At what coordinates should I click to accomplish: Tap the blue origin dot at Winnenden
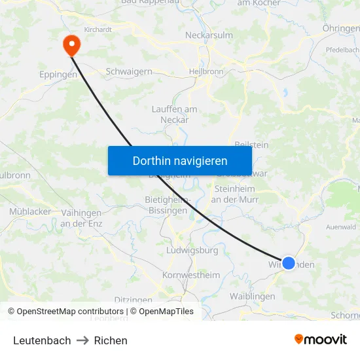(x=289, y=264)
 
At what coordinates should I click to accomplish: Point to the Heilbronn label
(x=206, y=72)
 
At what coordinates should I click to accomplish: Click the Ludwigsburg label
(x=192, y=250)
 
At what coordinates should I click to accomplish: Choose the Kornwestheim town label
(x=191, y=275)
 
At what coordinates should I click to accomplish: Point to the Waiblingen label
(x=252, y=296)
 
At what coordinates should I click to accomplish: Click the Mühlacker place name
(x=30, y=211)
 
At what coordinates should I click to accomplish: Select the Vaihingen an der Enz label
(x=81, y=219)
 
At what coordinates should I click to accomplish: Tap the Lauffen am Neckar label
(x=175, y=115)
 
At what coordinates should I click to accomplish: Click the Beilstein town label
(x=251, y=145)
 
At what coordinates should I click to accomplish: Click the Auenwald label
(x=340, y=226)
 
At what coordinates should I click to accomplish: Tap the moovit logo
(x=320, y=339)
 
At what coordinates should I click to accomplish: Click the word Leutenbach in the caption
(x=42, y=340)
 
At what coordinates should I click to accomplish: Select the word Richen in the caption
(x=111, y=340)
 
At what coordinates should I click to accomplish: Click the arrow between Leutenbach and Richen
(x=82, y=340)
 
